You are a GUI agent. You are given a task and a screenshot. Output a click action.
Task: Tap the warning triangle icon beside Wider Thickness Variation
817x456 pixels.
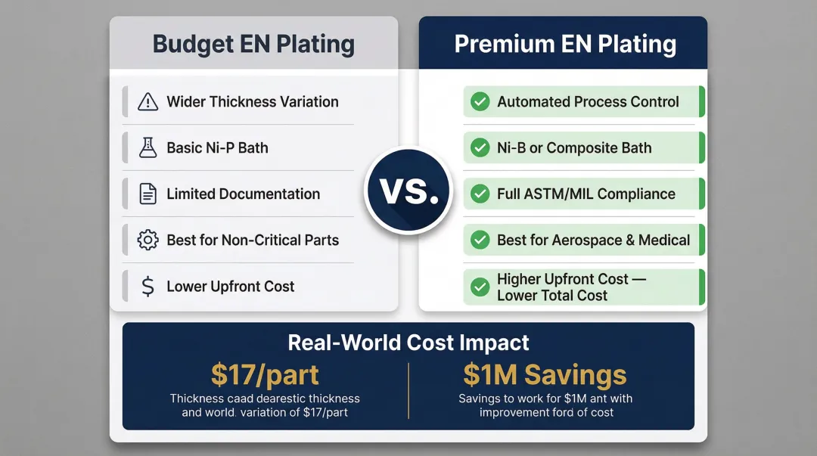148,101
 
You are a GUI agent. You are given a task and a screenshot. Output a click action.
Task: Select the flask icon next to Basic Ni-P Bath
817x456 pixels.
148,147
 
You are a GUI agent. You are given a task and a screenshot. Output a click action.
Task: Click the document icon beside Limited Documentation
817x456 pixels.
148,194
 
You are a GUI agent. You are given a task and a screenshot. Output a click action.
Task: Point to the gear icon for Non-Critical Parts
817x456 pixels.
148,240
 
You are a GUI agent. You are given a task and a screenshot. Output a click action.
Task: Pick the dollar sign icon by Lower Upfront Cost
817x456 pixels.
148,287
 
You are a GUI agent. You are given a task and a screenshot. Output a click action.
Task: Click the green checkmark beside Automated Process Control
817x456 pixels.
480,101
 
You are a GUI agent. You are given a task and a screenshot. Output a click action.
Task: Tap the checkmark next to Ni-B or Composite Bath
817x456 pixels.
480,147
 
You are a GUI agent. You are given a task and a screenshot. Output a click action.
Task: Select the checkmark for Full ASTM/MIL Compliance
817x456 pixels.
480,194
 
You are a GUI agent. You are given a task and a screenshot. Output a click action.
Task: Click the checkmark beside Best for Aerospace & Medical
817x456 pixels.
480,240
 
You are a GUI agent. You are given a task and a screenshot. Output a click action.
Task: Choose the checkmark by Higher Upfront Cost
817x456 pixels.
480,287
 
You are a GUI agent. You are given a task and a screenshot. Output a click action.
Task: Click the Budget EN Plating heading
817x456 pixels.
253,44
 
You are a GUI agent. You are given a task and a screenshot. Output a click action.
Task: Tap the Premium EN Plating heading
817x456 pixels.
564,44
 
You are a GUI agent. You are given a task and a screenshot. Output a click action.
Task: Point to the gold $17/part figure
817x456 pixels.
265,375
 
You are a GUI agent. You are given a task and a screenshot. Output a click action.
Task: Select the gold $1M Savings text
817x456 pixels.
545,375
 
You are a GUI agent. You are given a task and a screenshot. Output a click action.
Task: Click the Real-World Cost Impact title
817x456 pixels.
408,343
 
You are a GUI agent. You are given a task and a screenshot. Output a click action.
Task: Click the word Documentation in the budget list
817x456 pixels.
269,194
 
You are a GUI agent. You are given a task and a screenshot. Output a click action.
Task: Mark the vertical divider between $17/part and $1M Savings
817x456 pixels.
408,389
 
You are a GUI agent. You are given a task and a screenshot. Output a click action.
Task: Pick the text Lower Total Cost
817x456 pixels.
551,296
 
